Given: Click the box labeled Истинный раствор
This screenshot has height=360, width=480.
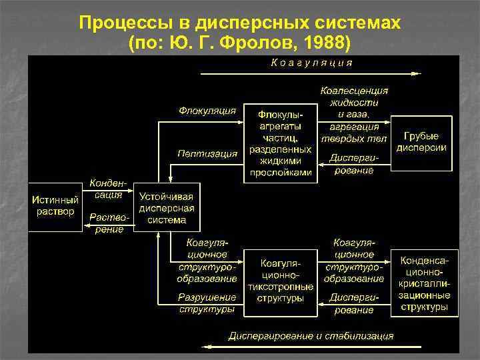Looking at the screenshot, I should [55, 205].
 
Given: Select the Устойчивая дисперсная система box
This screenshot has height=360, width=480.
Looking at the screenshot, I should [166, 207].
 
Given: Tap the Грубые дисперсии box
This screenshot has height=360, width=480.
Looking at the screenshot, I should [421, 142].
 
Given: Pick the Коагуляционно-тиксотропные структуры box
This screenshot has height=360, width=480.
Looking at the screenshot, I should [280, 281].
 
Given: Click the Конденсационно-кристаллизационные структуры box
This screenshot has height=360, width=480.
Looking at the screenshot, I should [429, 283].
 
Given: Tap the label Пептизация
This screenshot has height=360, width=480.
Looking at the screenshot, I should [207, 153].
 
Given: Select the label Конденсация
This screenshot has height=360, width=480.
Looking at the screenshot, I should [107, 189].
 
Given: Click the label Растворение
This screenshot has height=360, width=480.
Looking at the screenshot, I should [107, 223].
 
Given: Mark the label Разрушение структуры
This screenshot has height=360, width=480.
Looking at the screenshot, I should [207, 303].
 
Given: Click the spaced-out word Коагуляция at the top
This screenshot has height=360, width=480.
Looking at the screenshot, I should [311, 63].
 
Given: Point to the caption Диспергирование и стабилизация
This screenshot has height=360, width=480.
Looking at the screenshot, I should [311, 335].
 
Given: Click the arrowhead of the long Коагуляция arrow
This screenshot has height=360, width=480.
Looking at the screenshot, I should [417, 73].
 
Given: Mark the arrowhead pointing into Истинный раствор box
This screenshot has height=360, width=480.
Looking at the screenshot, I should [86, 227].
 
